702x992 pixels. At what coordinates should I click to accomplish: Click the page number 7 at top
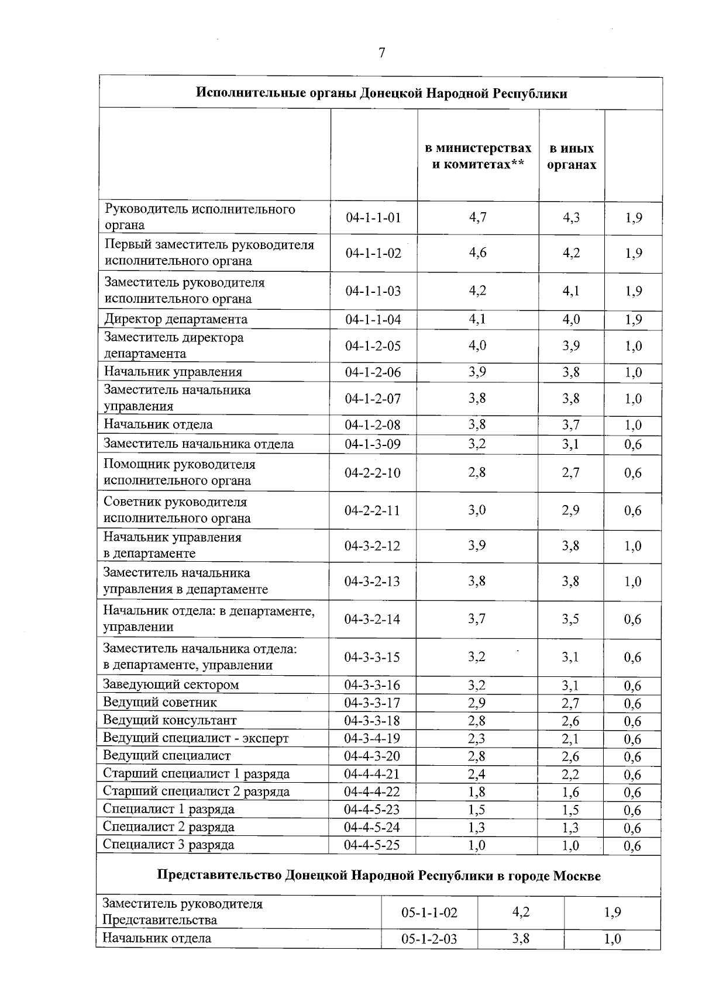point(381,53)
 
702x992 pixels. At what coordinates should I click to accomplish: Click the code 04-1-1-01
point(373,218)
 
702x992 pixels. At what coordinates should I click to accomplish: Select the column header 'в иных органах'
point(572,157)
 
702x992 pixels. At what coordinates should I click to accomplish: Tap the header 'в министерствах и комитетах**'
point(478,156)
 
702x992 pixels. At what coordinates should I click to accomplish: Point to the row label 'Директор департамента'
point(175,319)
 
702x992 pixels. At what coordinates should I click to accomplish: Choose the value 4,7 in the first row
point(477,217)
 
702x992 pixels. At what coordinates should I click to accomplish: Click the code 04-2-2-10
point(373,473)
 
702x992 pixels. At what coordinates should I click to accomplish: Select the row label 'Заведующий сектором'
point(171,685)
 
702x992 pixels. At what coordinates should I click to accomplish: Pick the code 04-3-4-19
point(372,738)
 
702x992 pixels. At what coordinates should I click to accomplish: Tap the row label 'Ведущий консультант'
point(170,720)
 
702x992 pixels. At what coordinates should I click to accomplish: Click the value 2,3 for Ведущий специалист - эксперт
point(477,738)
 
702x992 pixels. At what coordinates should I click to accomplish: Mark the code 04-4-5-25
point(372,845)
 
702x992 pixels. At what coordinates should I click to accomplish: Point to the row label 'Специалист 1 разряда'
point(168,809)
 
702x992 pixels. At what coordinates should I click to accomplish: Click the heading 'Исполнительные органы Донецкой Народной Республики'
point(381,94)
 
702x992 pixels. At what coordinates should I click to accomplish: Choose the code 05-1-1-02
point(429,912)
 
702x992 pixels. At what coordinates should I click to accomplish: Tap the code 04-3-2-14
point(372,619)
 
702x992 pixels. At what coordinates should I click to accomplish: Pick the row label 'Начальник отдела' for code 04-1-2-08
point(158,424)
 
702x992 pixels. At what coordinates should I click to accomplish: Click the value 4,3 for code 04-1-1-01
point(571,217)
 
